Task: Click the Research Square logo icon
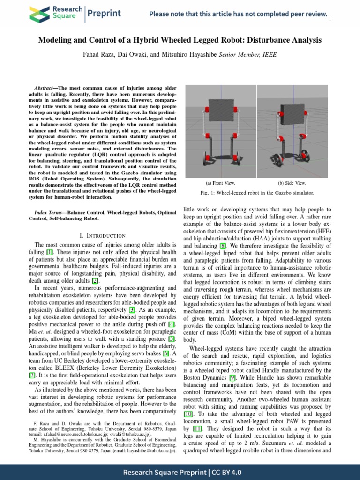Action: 40,14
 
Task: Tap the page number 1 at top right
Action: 330,20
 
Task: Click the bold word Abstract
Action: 45,88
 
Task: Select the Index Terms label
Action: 50,213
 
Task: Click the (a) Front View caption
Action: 220,183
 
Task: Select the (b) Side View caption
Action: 292,183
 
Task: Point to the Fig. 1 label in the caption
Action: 204,193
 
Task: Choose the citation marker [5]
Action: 172,338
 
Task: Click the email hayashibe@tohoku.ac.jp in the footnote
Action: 147,451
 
